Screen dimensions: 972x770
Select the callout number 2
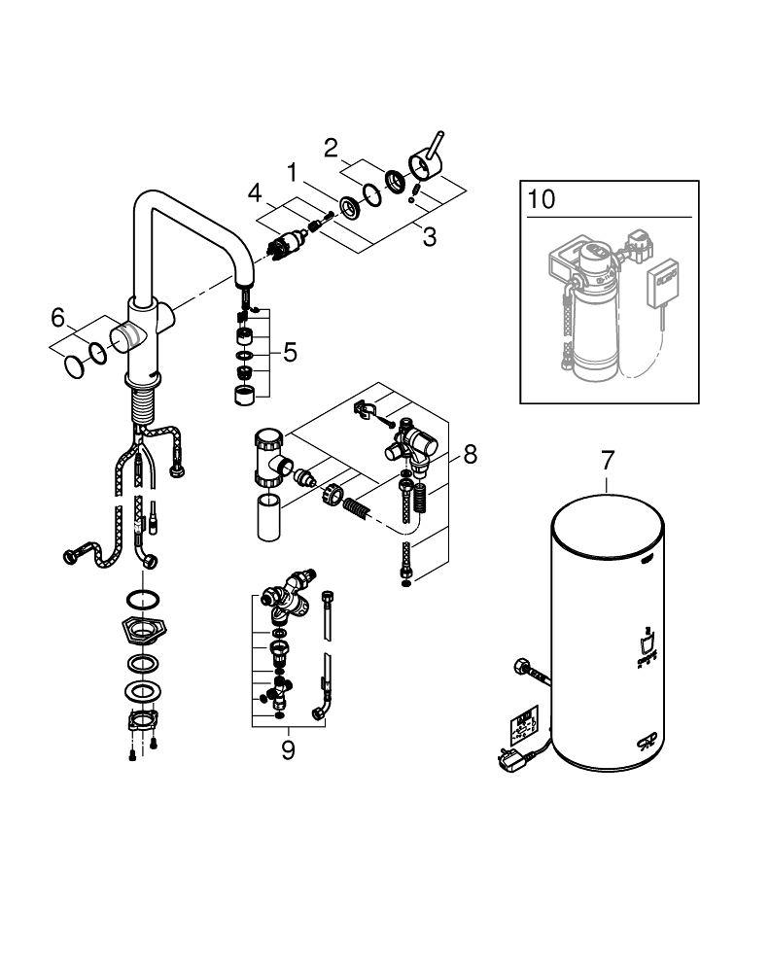pyautogui.click(x=331, y=149)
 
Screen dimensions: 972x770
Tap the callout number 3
pyautogui.click(x=430, y=235)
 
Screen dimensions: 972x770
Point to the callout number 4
pyautogui.click(x=254, y=192)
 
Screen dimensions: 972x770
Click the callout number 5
pyautogui.click(x=289, y=353)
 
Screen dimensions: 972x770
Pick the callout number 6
pyautogui.click(x=57, y=317)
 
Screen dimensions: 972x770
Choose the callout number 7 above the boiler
pyautogui.click(x=608, y=458)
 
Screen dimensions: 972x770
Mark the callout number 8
pyautogui.click(x=470, y=453)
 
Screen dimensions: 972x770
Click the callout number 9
pyautogui.click(x=288, y=751)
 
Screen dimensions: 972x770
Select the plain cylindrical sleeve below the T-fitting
pyautogui.click(x=270, y=515)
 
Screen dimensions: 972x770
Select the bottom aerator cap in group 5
pyautogui.click(x=244, y=395)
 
